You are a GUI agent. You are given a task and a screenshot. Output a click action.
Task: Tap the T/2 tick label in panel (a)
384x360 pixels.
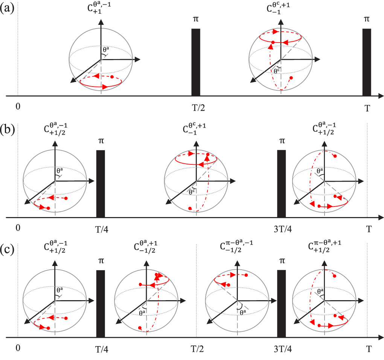click(x=196, y=108)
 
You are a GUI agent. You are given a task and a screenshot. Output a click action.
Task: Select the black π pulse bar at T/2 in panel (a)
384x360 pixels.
click(x=196, y=62)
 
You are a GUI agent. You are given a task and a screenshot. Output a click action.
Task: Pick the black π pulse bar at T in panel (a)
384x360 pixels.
click(x=367, y=62)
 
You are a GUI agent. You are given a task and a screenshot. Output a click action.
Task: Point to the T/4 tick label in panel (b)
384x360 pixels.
click(x=101, y=229)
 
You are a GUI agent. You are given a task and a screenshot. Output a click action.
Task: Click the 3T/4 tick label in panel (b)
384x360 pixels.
click(x=282, y=229)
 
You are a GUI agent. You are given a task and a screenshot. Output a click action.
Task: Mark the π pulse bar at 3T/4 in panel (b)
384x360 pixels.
click(x=282, y=183)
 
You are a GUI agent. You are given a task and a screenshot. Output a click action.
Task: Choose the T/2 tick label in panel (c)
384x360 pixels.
click(x=196, y=349)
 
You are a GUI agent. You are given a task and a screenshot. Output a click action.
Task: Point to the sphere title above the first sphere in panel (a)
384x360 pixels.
click(x=101, y=9)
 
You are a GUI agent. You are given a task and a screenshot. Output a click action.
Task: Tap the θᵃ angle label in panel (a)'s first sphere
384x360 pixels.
click(x=106, y=49)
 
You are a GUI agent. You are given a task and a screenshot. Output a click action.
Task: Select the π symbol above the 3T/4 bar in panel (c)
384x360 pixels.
click(x=282, y=261)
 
